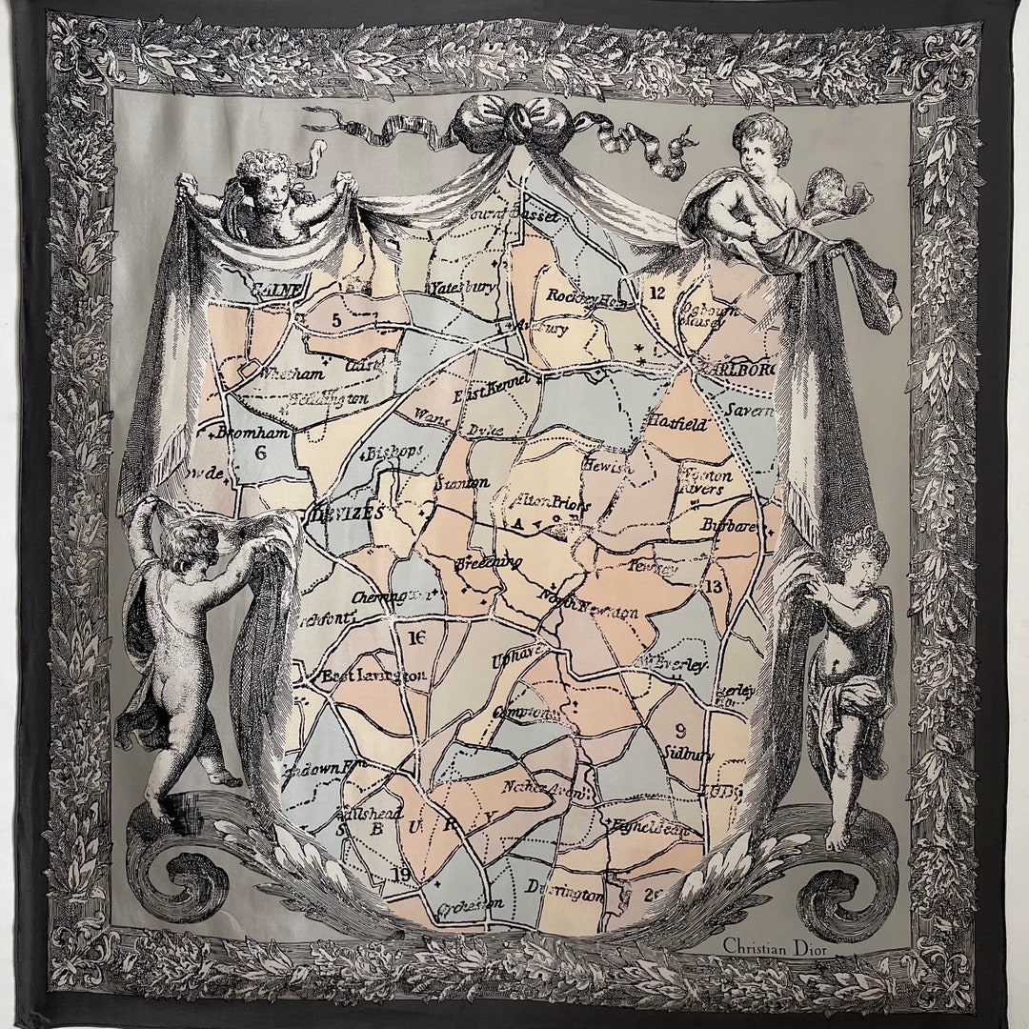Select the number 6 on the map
[x=260, y=453]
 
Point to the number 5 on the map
[x=336, y=320]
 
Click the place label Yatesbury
[x=462, y=286]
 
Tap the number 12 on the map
[x=656, y=293]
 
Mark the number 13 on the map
[x=714, y=586]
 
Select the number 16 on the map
[x=415, y=637]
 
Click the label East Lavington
[x=373, y=676]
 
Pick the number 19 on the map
[x=400, y=874]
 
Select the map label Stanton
[x=461, y=484]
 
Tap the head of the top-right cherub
[x=764, y=143]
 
